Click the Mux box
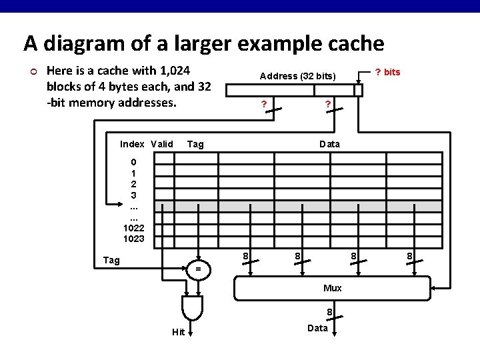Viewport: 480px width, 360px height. click(332, 287)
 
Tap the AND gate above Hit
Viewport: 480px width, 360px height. click(192, 307)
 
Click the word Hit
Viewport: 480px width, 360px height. click(178, 333)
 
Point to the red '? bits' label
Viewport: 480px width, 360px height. click(388, 72)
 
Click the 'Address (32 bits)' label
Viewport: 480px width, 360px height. click(297, 76)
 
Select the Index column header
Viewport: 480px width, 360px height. click(132, 144)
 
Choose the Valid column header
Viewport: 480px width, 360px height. click(162, 144)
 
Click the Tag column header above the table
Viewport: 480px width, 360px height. click(195, 144)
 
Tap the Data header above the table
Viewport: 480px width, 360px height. click(329, 144)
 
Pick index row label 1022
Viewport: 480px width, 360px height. click(133, 228)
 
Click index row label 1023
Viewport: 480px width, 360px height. click(133, 239)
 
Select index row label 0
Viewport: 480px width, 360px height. click(133, 162)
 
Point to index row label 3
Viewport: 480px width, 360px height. click(133, 195)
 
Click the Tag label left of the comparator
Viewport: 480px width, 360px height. click(111, 260)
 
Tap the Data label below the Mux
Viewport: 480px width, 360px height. click(317, 328)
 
